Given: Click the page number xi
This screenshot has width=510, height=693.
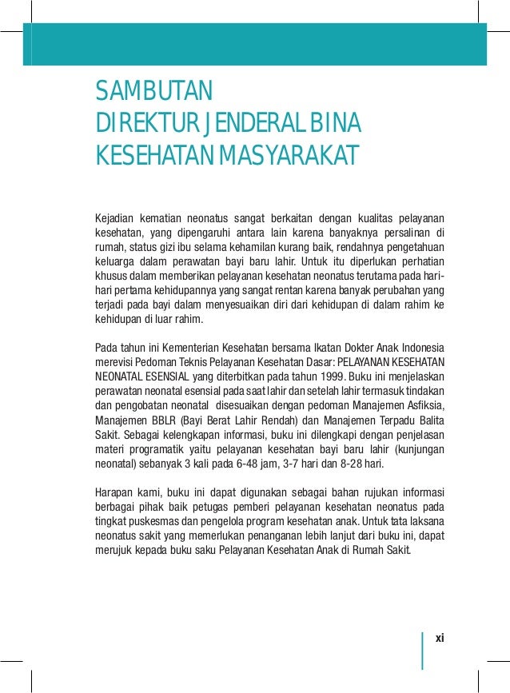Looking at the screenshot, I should (439, 638).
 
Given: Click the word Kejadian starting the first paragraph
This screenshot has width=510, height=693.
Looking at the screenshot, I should (114, 218).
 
